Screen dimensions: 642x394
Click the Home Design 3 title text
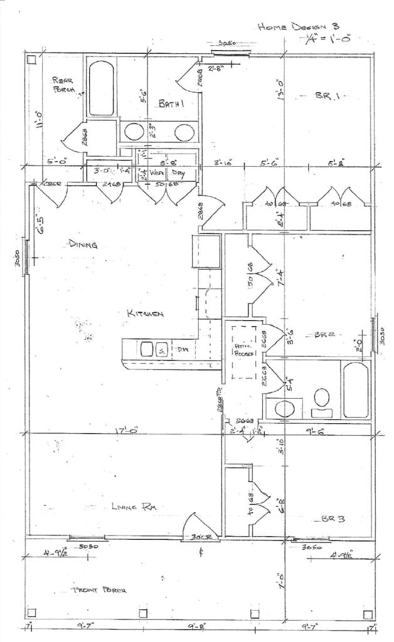(297, 27)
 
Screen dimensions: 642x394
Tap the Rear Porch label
(64, 85)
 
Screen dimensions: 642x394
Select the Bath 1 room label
(170, 104)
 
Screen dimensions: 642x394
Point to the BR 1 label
(326, 96)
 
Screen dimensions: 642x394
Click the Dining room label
(83, 245)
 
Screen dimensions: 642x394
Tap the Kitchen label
(146, 313)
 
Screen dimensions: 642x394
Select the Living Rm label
(132, 506)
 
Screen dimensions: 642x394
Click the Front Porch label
(100, 590)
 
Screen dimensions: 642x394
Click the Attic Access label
(243, 349)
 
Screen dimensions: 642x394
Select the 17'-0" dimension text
(125, 431)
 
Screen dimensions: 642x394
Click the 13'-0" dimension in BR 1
(282, 88)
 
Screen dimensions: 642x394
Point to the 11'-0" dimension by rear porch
(39, 117)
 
